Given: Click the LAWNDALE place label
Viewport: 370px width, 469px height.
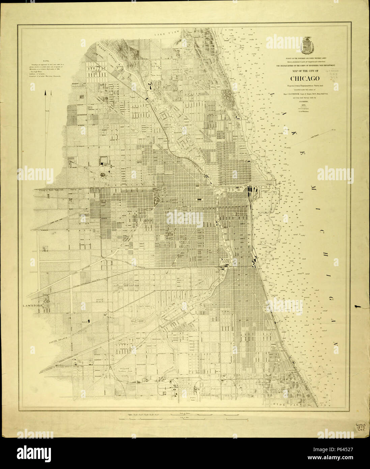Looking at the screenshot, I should [x=33, y=306].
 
